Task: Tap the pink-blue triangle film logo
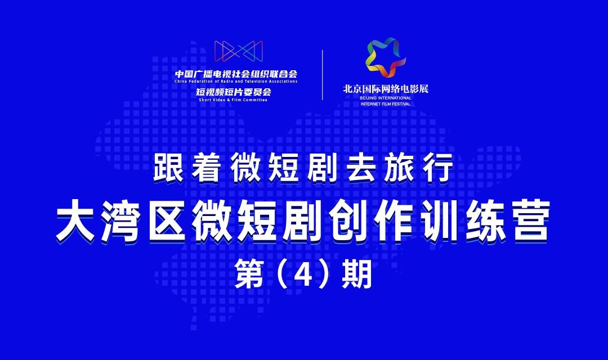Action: [239, 51]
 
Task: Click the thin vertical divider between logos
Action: [323, 75]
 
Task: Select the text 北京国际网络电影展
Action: [386, 88]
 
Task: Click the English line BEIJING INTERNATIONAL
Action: [386, 98]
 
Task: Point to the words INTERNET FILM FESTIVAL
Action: [386, 104]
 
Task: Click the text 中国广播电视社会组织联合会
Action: [236, 74]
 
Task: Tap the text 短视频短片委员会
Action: [234, 92]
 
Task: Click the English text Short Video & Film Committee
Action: [233, 100]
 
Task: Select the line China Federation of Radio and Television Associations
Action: [236, 82]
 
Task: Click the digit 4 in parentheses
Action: [303, 274]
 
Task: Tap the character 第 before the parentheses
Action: [250, 274]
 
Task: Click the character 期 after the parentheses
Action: [356, 274]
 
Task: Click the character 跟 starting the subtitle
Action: [169, 168]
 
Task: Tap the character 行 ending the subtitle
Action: [438, 168]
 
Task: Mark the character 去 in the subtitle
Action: [361, 168]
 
